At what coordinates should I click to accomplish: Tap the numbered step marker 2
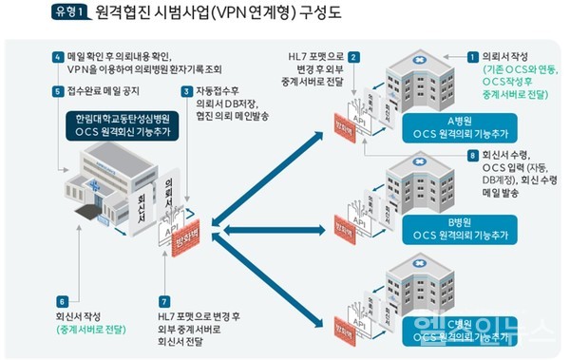pyautogui.click(x=353, y=57)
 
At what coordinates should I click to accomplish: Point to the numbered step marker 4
pyautogui.click(x=59, y=57)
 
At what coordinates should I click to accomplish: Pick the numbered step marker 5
pyautogui.click(x=59, y=92)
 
